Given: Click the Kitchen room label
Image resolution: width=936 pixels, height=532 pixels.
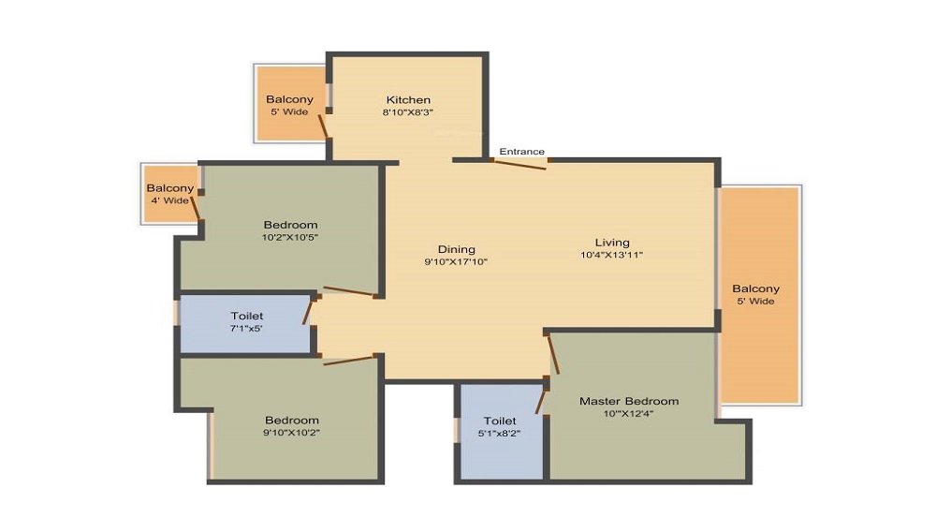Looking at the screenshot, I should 409,99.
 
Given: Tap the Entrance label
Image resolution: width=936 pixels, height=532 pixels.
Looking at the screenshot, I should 521,152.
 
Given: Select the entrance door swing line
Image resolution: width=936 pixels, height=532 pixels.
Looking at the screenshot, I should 519,165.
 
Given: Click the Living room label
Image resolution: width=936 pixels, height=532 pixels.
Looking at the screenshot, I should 612,243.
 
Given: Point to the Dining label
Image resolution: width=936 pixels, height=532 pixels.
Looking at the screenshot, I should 457,249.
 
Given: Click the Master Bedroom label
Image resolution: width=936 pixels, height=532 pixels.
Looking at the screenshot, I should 629,401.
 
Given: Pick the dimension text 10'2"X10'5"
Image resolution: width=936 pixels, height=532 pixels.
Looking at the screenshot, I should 290,238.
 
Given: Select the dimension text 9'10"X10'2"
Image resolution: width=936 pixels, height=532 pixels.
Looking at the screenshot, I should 291,434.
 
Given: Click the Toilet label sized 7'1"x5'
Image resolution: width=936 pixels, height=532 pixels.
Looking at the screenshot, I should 247,317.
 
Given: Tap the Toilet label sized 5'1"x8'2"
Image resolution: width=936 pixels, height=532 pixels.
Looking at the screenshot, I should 500,421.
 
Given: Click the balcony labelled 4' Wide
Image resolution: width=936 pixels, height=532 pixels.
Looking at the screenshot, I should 169,194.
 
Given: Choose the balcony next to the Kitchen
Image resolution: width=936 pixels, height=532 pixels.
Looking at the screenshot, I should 289,105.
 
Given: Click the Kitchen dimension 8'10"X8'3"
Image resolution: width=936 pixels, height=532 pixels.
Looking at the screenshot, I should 408,112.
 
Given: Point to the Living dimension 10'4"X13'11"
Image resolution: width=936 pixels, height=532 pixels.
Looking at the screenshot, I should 612,255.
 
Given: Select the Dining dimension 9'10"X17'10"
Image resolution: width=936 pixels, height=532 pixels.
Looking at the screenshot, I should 457,262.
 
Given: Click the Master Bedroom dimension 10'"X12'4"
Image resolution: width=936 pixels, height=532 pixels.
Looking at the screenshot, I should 629,413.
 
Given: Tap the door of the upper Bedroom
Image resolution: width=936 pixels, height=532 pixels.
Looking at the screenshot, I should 348,291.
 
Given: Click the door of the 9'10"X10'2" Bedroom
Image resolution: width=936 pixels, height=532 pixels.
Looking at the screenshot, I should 348,359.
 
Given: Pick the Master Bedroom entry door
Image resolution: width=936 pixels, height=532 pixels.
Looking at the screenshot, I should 552,354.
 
